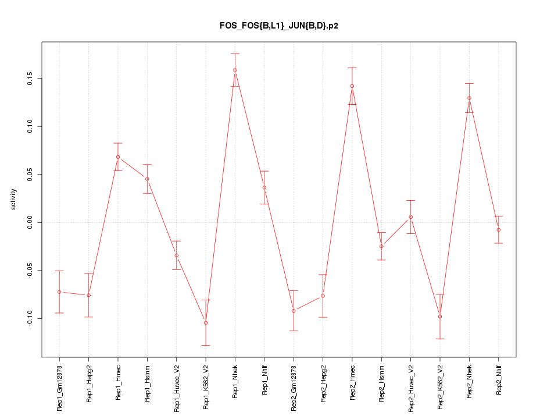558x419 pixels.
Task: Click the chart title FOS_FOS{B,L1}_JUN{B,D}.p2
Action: coord(278,26)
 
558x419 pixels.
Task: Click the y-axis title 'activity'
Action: coord(13,199)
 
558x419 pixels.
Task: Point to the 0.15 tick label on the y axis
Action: coord(31,78)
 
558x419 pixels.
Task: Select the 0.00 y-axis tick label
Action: coord(31,222)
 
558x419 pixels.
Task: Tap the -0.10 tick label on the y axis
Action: coord(31,318)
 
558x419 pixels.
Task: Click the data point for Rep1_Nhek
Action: coord(235,70)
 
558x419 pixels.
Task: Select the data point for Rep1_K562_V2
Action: coord(206,322)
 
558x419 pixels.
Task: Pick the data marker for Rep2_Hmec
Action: coord(352,86)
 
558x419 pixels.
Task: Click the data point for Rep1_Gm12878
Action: coord(59,292)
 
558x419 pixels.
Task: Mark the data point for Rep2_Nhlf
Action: coord(499,230)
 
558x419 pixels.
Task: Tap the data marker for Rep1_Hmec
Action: coord(118,157)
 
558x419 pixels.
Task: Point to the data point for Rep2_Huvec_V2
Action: coord(411,217)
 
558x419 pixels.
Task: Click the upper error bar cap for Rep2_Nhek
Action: coord(469,83)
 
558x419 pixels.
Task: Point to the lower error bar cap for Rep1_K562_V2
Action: coord(206,345)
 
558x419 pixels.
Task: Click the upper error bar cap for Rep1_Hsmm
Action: coord(147,165)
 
